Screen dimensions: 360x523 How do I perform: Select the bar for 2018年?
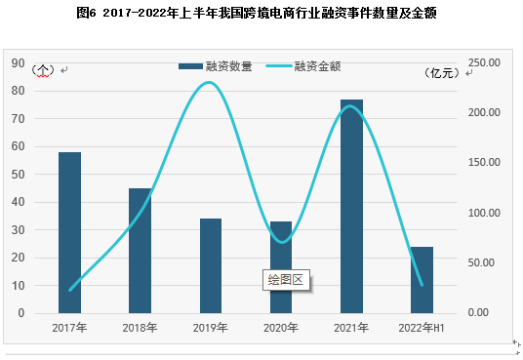tap(140, 251)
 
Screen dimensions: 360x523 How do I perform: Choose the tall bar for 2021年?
tap(351, 206)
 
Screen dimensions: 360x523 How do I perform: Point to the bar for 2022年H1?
tap(422, 280)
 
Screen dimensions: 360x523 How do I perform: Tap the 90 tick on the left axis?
tap(18, 62)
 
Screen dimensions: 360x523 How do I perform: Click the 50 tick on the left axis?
tap(18, 175)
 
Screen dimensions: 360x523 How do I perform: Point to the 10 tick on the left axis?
tap(18, 286)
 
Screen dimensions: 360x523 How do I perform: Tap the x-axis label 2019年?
tap(210, 328)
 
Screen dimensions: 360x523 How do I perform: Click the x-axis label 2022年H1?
tap(422, 328)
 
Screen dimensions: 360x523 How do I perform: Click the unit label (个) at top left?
tap(43, 70)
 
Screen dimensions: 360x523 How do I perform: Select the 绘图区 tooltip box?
tap(286, 280)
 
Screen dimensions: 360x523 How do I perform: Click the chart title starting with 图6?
tap(261, 13)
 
